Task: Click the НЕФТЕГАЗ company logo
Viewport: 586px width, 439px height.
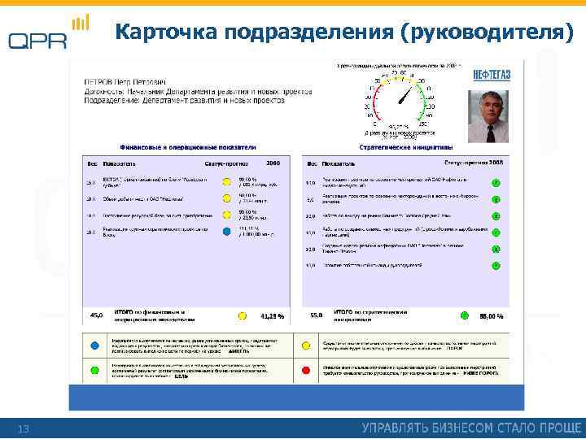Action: click(x=492, y=74)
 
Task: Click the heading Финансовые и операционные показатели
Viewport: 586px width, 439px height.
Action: click(x=188, y=147)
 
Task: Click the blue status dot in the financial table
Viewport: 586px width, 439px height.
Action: click(x=225, y=232)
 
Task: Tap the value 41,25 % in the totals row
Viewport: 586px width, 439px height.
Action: click(x=272, y=315)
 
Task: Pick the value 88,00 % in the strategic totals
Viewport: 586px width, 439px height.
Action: click(x=491, y=315)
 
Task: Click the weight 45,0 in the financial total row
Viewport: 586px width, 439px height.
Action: click(x=94, y=314)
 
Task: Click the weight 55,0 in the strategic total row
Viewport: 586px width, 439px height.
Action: click(x=317, y=314)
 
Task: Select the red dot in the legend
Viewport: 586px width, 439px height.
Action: click(x=305, y=370)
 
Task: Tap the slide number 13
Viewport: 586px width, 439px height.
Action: click(x=24, y=428)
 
